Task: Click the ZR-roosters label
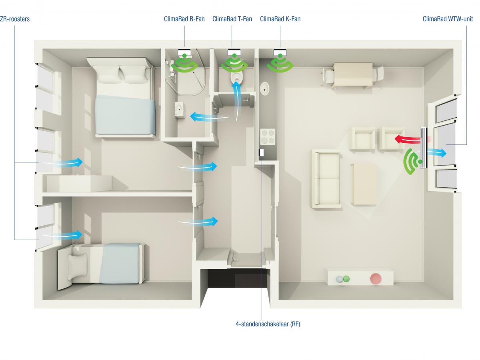point(15,19)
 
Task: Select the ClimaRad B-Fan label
point(184,19)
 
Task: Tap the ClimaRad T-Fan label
point(232,19)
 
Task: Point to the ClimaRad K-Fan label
point(280,19)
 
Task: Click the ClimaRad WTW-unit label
point(448,19)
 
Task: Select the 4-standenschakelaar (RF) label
point(268,324)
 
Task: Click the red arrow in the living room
point(407,139)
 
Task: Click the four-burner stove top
point(268,136)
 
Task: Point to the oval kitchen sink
point(265,88)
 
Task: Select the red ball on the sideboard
point(376,279)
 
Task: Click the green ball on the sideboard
point(346,279)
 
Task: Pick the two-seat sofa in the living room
point(326,179)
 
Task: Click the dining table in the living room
point(353,74)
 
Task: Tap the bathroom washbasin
point(180,110)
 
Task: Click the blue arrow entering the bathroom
point(210,117)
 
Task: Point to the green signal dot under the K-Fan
point(280,56)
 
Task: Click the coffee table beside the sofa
point(364,185)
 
